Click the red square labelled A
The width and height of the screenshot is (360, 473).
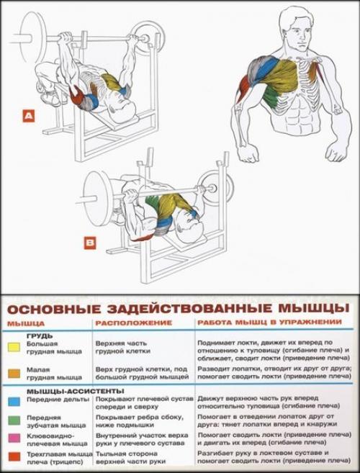pyautogui.click(x=28, y=114)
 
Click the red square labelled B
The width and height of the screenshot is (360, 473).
pyautogui.click(x=90, y=243)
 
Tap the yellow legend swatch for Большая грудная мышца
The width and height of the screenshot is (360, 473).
pyautogui.click(x=12, y=348)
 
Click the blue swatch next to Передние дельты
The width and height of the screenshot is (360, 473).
pyautogui.click(x=12, y=398)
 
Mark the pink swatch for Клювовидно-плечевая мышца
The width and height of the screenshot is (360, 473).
pyautogui.click(x=12, y=437)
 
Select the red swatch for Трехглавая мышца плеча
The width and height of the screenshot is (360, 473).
pyautogui.click(x=12, y=455)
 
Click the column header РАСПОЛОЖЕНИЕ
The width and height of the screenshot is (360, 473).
pyautogui.click(x=124, y=323)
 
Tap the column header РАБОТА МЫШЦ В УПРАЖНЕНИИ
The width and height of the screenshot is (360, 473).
pyautogui.click(x=264, y=323)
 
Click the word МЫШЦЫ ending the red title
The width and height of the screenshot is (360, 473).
pyautogui.click(x=313, y=308)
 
